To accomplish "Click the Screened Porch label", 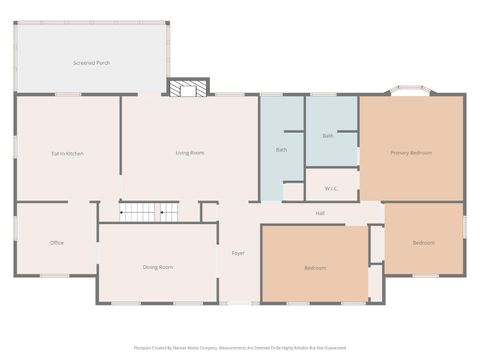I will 91,63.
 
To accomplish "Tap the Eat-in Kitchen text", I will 67,153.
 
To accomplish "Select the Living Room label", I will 190,152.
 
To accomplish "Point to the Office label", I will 57,242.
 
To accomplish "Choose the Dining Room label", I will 158,267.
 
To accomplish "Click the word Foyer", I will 238,253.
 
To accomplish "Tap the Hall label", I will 320,213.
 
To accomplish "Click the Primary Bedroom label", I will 411,152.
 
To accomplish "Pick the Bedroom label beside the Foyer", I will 315,267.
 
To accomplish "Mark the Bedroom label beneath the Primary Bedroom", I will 424,242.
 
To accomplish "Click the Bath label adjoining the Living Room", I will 281,150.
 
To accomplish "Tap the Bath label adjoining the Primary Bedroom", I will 328,135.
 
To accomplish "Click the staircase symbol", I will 149,211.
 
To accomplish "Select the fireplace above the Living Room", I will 187,89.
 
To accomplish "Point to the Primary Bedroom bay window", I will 411,92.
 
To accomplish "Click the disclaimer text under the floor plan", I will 239,348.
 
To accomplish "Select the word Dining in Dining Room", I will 151,267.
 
